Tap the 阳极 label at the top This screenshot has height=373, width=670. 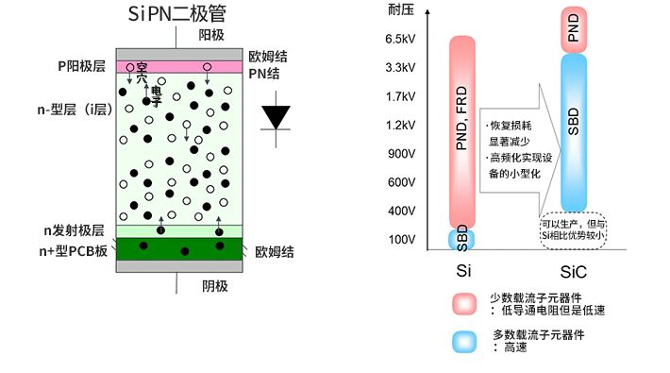212,35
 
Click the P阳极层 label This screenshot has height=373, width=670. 82,67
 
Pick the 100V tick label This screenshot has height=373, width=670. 402,239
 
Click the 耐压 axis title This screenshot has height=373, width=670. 399,9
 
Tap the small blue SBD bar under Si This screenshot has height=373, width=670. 461,238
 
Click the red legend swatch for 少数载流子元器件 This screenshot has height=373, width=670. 465,304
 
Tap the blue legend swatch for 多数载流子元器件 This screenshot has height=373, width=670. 465,341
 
